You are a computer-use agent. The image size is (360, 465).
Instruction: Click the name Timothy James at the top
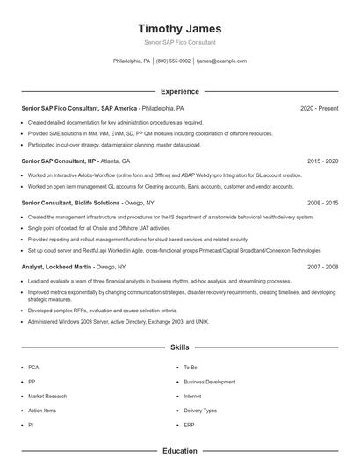179,28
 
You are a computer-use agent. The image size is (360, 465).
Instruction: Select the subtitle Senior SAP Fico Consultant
179,42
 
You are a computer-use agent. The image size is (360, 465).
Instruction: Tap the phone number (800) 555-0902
173,61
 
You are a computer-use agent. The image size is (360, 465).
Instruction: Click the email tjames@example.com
221,61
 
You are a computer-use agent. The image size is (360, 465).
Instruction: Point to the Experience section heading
179,91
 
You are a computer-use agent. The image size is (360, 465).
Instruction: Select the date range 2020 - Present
319,108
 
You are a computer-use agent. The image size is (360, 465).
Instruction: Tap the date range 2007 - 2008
322,267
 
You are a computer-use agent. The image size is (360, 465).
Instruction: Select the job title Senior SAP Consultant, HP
58,161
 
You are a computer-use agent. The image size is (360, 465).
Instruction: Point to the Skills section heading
179,348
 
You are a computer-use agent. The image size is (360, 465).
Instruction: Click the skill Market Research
47,396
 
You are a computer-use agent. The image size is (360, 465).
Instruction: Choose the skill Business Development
209,382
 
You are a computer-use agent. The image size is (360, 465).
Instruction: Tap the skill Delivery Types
200,410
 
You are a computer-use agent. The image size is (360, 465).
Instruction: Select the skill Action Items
42,410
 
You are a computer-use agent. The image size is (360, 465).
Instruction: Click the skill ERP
189,425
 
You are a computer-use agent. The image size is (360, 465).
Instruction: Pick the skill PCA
33,368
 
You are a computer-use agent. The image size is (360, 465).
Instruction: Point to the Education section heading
179,451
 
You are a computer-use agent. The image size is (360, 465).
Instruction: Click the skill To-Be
191,368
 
